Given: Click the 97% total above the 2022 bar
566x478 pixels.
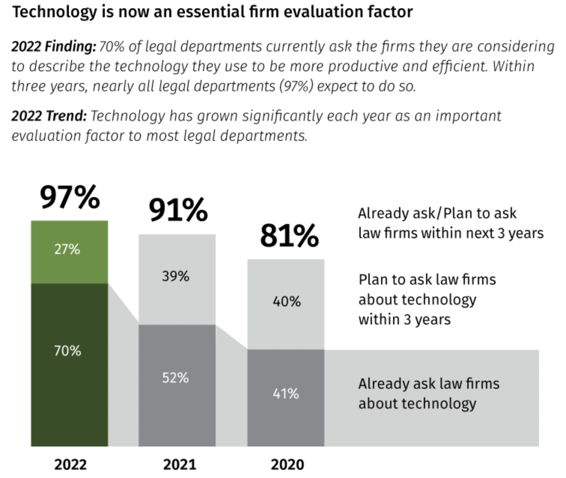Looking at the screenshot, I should (x=70, y=197).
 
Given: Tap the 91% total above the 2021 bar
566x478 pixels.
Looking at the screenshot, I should (x=178, y=210).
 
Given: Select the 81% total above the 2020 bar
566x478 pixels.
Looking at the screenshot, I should (x=289, y=236).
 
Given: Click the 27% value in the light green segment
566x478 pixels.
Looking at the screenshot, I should (x=67, y=249).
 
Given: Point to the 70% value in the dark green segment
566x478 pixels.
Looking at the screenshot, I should (x=67, y=351).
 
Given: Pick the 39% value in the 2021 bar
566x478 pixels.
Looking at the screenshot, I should (x=176, y=276).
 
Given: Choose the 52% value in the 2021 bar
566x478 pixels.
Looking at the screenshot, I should (x=175, y=378).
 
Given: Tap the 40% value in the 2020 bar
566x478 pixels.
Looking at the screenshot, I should (x=286, y=302).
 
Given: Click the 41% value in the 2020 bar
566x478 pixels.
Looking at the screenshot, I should (x=286, y=394).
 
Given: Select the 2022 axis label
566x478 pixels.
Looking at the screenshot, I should (x=70, y=465).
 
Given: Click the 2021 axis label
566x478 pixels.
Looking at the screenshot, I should (x=179, y=465).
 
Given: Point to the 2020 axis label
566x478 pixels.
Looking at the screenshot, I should (x=287, y=465).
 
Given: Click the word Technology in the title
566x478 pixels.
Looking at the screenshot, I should (x=55, y=12).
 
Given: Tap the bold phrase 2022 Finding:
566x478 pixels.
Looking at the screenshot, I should (x=54, y=47).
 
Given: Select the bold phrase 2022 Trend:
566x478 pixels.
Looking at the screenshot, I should (x=49, y=116).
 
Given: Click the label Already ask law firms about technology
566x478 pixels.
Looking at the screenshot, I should (x=429, y=394).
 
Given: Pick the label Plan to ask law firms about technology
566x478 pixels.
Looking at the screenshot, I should (x=427, y=300).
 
